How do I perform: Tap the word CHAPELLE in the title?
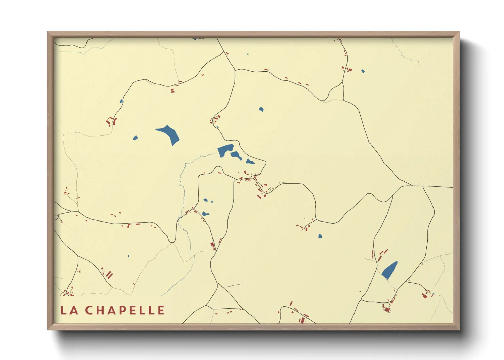pos(125,310)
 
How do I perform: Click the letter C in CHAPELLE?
pos(89,310)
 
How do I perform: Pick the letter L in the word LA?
pos(63,310)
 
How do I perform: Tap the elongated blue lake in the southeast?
pos(390,270)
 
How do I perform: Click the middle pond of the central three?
pos(236,156)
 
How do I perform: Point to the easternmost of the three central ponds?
pos(250,161)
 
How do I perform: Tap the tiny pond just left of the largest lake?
pos(136,138)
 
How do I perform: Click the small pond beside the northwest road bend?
pos(121,101)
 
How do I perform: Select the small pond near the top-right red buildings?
pos(363,71)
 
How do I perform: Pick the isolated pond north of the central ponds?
pos(261,109)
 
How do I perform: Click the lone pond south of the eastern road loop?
pos(320,236)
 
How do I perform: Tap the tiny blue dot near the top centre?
pos(248,54)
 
